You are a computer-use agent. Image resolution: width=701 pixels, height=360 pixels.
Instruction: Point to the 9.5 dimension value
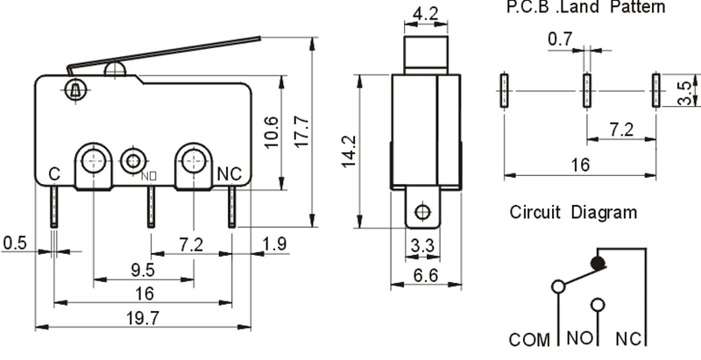pos(144,269)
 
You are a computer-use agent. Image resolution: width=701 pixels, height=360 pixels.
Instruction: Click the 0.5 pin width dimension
pos(14,243)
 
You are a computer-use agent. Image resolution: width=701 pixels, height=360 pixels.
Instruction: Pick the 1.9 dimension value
pos(273,243)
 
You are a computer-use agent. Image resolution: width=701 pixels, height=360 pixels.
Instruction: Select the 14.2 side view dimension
pos(349,151)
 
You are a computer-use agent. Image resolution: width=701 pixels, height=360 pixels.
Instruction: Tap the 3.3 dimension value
pos(422,249)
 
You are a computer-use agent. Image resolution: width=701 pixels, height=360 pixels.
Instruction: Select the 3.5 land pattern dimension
pos(690,90)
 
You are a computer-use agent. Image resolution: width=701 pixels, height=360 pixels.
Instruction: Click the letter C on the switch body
pos(53,174)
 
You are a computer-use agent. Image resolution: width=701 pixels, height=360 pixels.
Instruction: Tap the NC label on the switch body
pos(228,173)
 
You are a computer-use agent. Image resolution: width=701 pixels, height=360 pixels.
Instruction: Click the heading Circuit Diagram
pos(573,213)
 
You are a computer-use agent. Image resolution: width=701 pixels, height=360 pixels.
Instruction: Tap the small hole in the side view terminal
pos(421,211)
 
